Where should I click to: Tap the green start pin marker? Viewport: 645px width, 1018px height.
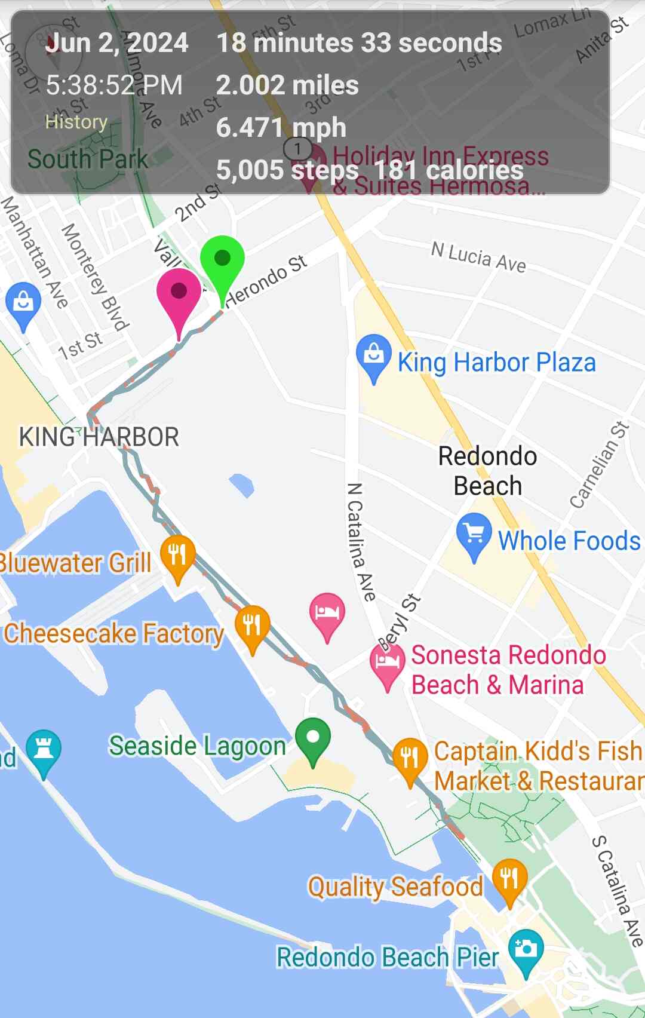222,263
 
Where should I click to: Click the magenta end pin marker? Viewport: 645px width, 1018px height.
179,295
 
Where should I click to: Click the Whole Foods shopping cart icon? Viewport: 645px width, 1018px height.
474,533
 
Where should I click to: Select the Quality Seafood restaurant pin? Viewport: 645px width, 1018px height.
509,879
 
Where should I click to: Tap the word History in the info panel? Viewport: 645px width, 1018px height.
76,122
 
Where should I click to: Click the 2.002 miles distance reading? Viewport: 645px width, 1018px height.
287,85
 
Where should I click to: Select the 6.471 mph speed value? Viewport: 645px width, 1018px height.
281,127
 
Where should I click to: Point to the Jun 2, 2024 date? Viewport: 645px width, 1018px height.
117,43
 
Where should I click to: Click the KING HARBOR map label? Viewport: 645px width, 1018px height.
99,437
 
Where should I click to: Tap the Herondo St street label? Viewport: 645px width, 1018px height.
267,280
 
